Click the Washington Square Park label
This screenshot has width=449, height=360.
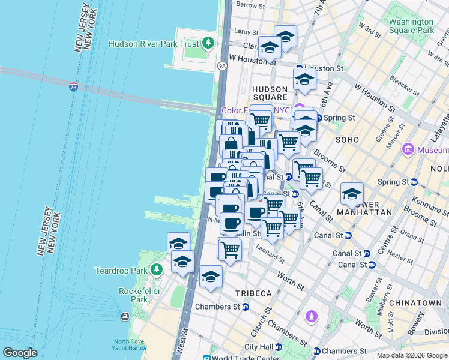pyautogui.click(x=411, y=26)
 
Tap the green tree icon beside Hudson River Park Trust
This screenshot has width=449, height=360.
pyautogui.click(x=208, y=43)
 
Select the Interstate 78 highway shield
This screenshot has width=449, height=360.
pyautogui.click(x=73, y=87)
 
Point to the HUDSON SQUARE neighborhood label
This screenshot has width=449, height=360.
pyautogui.click(x=270, y=92)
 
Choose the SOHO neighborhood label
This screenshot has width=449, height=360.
pyautogui.click(x=347, y=139)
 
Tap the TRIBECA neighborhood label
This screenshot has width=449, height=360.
pyautogui.click(x=253, y=293)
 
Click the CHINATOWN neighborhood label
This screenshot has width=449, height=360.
pyautogui.click(x=415, y=304)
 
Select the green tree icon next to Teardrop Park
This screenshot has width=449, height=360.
pyautogui.click(x=157, y=269)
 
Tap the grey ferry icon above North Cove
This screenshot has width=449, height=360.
pyautogui.click(x=125, y=316)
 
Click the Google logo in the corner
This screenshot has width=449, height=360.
pyautogui.click(x=20, y=353)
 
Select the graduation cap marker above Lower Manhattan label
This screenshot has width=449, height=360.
pyautogui.click(x=352, y=193)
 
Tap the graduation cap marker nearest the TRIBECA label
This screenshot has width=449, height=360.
pyautogui.click(x=211, y=276)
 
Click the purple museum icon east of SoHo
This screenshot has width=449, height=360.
pyautogui.click(x=408, y=148)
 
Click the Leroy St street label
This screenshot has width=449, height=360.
pyautogui.click(x=246, y=32)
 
